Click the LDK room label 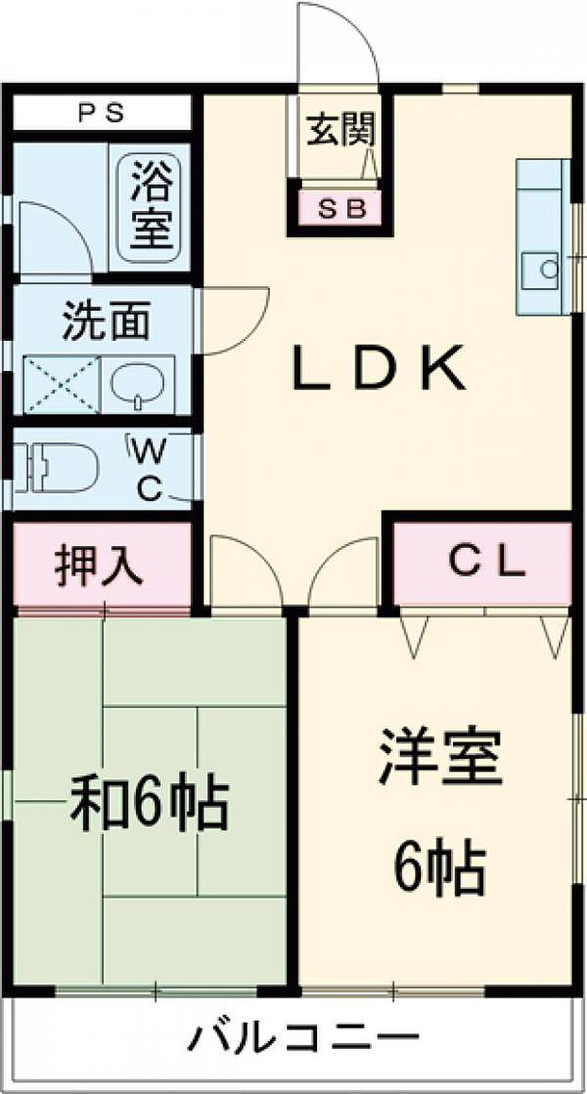click(x=378, y=369)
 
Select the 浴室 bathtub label click(x=153, y=209)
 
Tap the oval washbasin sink click(x=137, y=384)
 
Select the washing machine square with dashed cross click(x=60, y=384)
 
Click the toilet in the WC click(x=58, y=467)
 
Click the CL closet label click(x=486, y=563)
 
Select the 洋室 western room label click(x=440, y=758)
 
